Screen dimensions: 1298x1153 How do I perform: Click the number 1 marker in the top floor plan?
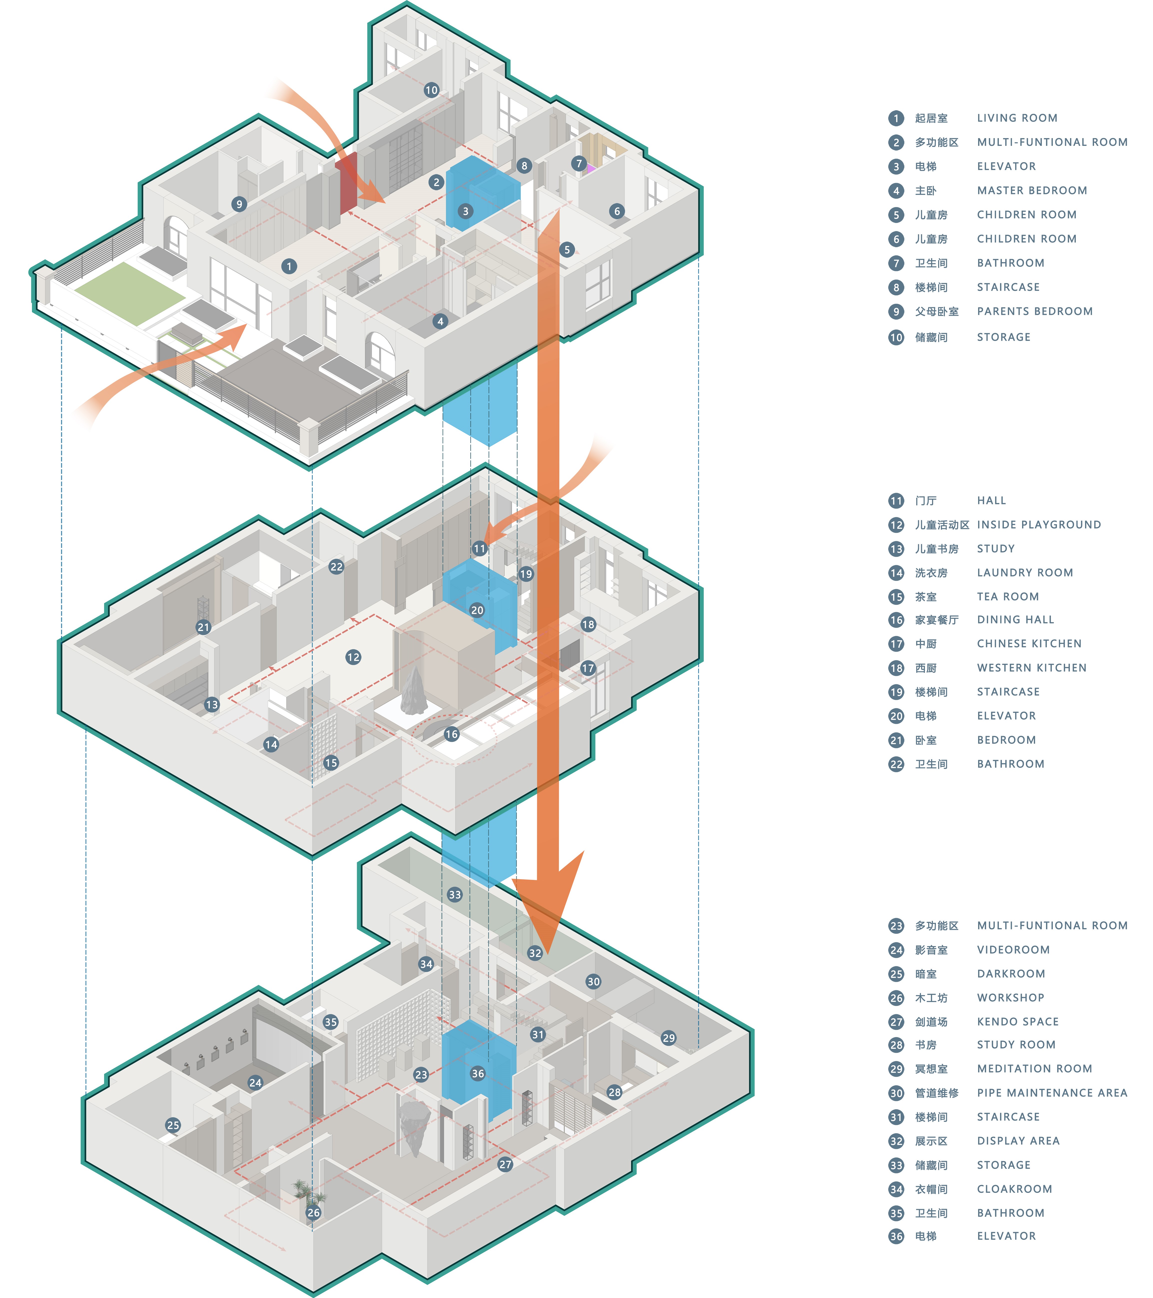tap(289, 266)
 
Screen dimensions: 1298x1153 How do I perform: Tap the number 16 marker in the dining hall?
tap(451, 734)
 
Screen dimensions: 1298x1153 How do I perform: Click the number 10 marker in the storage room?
tap(431, 90)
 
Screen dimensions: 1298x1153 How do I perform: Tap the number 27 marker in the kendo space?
tap(505, 1164)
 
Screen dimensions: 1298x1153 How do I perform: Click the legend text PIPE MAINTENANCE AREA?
tap(1052, 1093)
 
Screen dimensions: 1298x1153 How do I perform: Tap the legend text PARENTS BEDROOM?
tap(1035, 311)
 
